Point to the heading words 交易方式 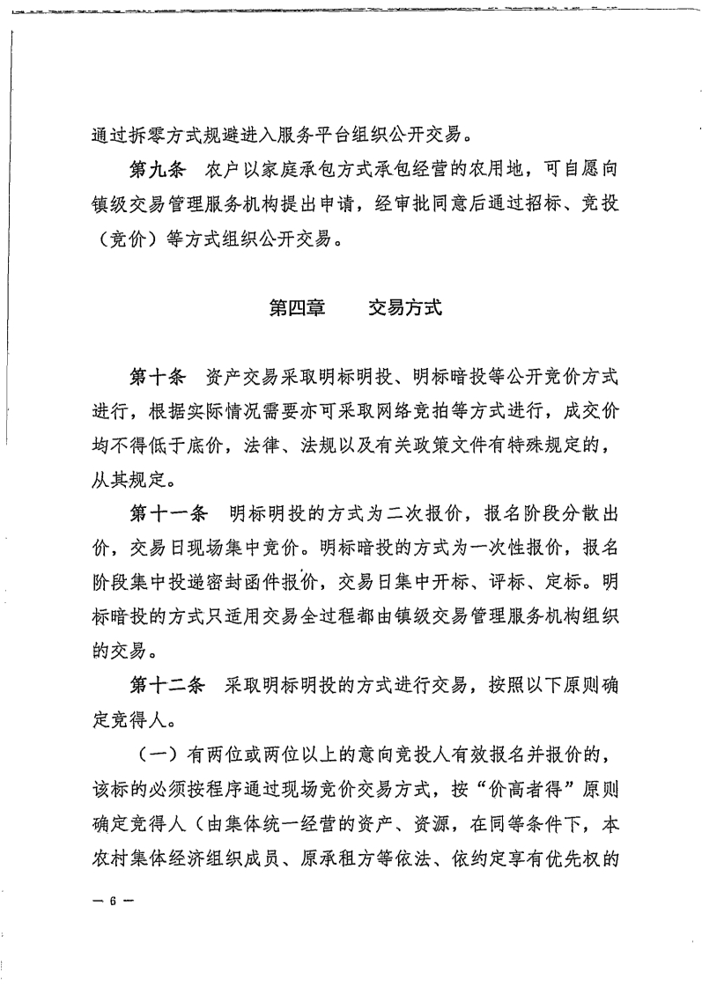pos(405,308)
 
